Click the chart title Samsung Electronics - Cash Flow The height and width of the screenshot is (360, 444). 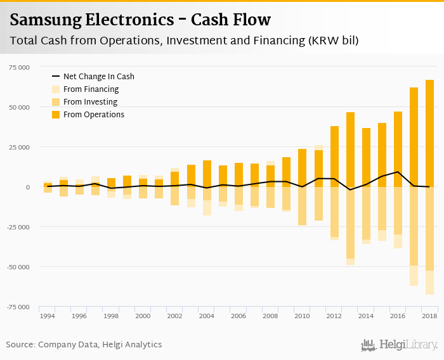[x=140, y=20]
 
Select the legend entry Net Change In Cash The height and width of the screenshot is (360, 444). [x=98, y=77]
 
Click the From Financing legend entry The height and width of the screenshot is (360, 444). [x=91, y=89]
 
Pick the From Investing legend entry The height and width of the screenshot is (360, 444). [x=90, y=102]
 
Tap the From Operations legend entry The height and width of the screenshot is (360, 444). [x=93, y=115]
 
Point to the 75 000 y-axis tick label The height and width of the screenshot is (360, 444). [x=18, y=67]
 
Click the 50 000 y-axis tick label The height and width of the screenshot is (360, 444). [x=18, y=107]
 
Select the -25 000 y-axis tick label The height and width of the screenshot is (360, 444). [x=18, y=227]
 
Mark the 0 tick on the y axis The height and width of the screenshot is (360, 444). [x=27, y=187]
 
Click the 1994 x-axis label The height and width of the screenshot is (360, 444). [x=48, y=316]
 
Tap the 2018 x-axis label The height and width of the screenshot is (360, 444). [x=429, y=316]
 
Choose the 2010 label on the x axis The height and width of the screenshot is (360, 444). [x=302, y=316]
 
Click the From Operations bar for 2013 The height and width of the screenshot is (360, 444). [x=350, y=150]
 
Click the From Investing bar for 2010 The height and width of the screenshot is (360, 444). [x=302, y=205]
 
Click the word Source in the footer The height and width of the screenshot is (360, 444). [x=20, y=345]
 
